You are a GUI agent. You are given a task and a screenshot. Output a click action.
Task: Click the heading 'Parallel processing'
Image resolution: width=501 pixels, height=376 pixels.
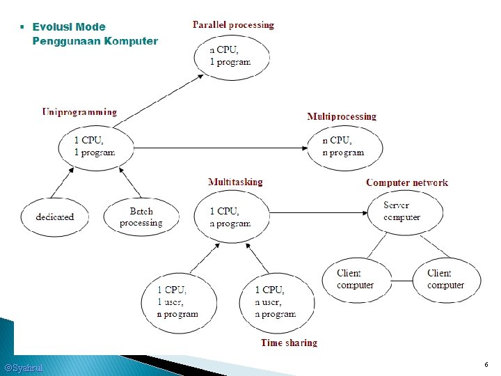233,25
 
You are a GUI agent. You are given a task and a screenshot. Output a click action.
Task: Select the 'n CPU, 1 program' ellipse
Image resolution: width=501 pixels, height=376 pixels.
230,56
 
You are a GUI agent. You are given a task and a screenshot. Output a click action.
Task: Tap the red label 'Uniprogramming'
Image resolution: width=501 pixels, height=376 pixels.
79,111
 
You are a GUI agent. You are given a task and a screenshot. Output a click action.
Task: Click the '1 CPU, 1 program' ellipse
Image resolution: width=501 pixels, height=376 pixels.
95,146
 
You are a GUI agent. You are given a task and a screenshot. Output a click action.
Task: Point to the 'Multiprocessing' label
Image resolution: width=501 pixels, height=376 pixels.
342,116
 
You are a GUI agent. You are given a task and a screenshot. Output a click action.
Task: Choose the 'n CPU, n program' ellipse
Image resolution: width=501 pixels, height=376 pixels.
344,146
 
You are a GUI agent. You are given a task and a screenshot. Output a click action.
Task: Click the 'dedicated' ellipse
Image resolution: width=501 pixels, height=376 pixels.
55,217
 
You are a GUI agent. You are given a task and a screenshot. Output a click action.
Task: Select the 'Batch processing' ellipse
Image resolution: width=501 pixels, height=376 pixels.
141,217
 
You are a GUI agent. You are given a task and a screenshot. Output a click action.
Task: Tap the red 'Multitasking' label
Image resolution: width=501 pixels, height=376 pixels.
235,182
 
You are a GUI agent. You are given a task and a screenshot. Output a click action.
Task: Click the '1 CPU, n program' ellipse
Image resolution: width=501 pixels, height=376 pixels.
230,217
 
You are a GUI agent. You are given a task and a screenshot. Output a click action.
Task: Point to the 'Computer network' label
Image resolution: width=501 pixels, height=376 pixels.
407,182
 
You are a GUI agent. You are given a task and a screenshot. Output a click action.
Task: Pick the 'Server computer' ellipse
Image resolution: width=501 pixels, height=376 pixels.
403,211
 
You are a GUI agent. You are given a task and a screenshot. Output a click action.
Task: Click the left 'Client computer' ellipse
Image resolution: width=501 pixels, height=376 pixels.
355,279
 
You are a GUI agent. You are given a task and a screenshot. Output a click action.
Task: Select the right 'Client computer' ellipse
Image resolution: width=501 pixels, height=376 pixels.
446,279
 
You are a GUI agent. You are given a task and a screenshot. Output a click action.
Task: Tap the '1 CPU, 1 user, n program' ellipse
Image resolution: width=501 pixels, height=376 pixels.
178,301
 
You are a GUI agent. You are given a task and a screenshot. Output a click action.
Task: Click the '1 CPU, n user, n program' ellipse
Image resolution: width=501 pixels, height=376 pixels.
276,301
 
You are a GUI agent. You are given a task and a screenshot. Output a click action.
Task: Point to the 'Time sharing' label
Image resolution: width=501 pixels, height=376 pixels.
289,343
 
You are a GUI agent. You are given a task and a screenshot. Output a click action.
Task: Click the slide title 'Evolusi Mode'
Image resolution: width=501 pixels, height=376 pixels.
69,27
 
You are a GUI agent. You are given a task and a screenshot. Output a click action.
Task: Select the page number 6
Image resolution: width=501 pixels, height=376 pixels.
486,365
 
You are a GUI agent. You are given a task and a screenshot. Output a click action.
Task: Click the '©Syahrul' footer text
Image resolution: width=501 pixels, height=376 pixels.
24,368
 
